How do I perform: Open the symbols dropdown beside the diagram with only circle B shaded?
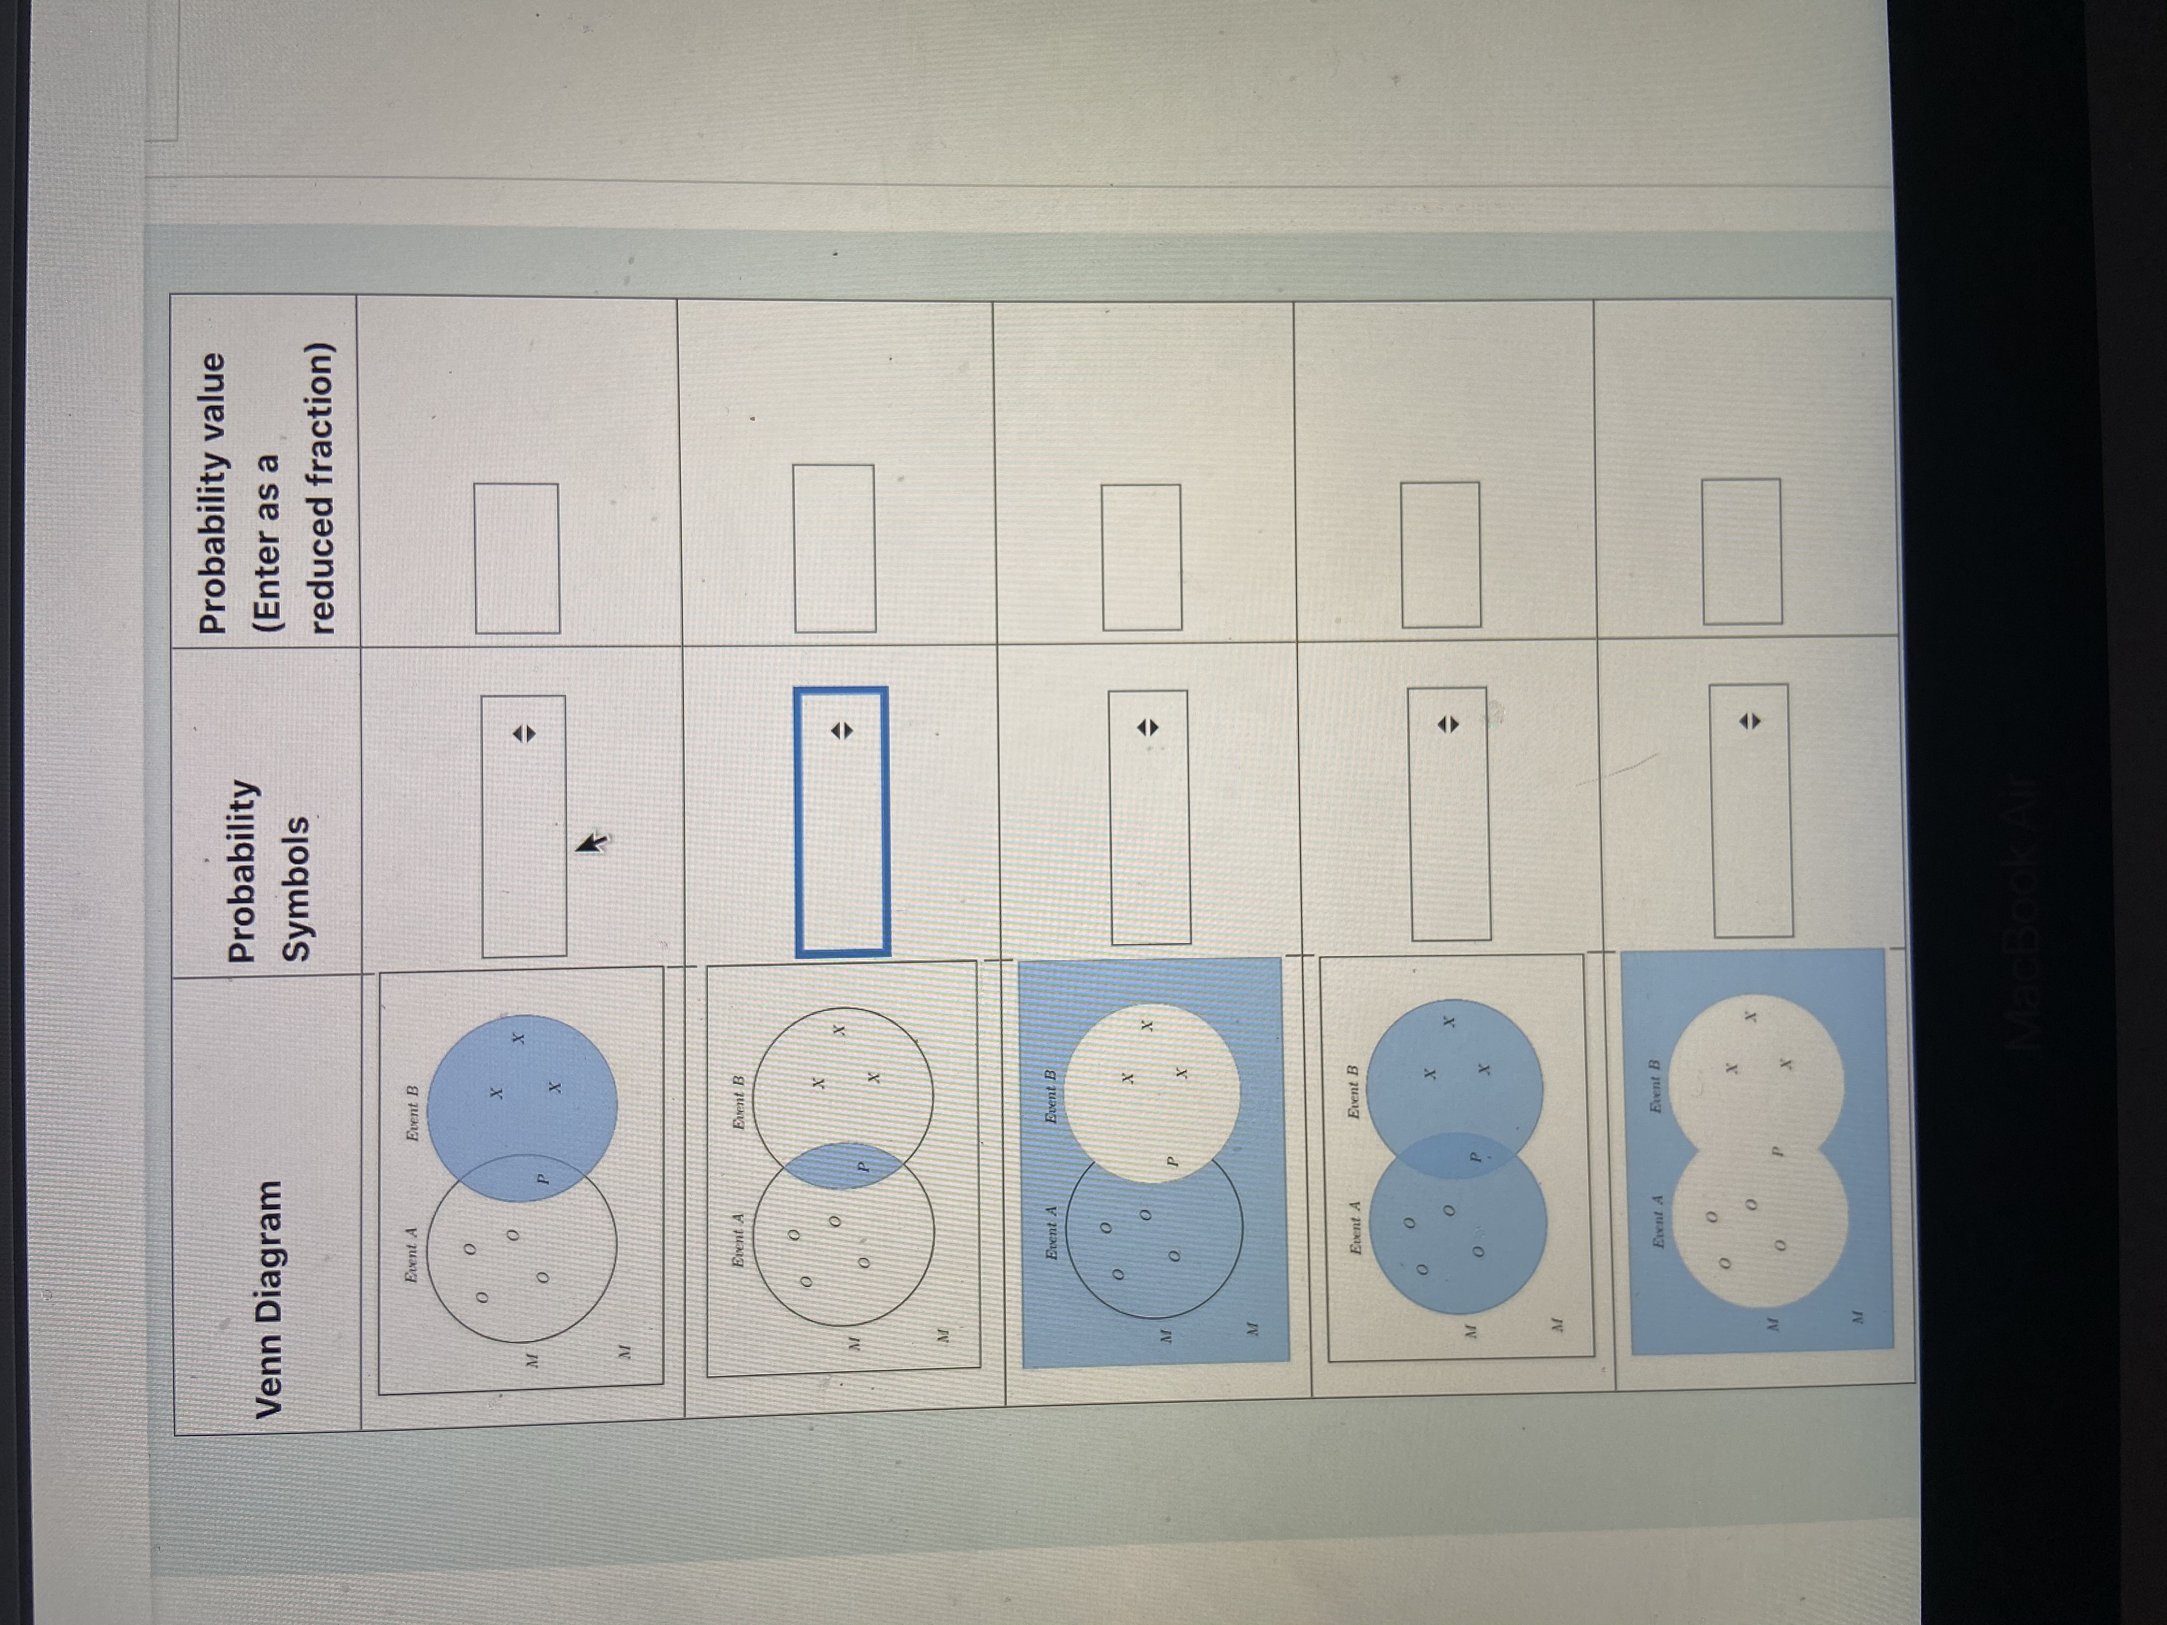pyautogui.click(x=523, y=826)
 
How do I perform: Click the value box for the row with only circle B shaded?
pyautogui.click(x=517, y=558)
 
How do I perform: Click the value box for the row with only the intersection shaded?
pyautogui.click(x=834, y=549)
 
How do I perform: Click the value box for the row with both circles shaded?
pyautogui.click(x=1440, y=555)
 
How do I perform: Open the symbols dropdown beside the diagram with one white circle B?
pyautogui.click(x=1149, y=817)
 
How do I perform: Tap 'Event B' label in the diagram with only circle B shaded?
pyautogui.click(x=412, y=1113)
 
